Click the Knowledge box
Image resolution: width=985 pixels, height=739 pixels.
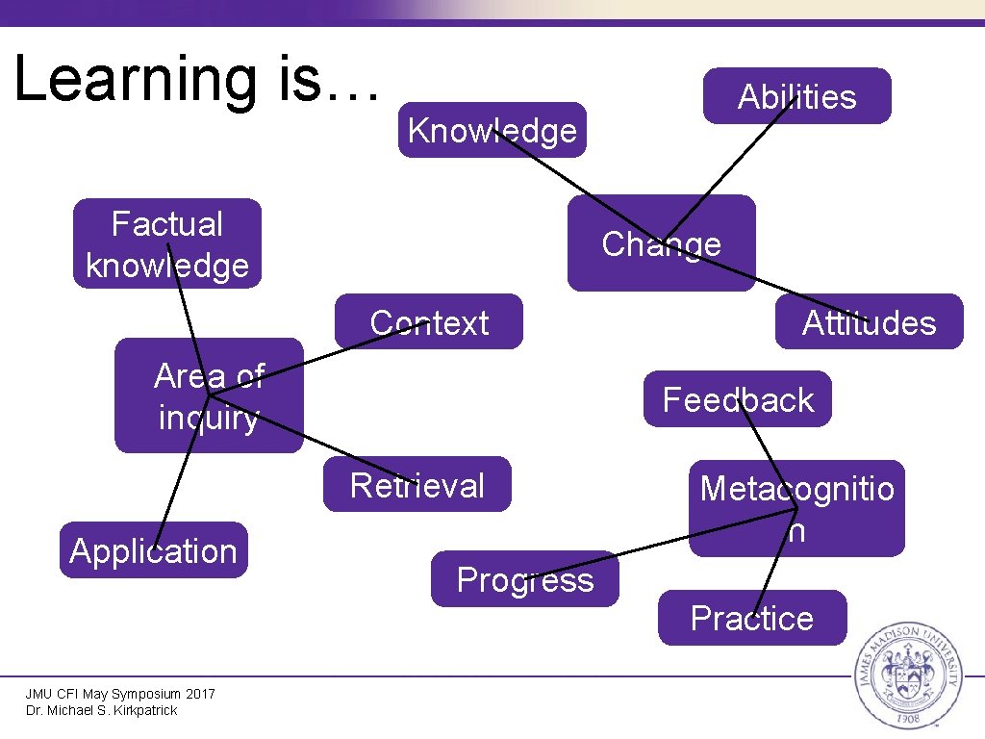coord(492,130)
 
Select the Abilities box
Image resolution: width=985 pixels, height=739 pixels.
coord(796,96)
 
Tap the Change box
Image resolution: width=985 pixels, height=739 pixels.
coord(661,243)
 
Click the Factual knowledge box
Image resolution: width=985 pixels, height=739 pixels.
coord(167,243)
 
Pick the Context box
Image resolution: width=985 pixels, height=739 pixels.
coord(429,321)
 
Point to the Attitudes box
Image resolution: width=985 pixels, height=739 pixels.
coord(869,321)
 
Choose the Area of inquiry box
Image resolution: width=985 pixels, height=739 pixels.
coord(209,395)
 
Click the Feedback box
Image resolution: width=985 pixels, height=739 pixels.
coord(738,398)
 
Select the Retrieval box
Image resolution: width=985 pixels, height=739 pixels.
coord(417,484)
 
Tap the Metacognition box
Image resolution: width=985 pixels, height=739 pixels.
coord(796,508)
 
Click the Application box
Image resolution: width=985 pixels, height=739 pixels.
coord(153,550)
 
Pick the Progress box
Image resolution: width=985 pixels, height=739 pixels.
coord(525,579)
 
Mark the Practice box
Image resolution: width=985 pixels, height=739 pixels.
coord(752,618)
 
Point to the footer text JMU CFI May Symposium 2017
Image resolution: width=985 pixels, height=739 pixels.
coord(120,694)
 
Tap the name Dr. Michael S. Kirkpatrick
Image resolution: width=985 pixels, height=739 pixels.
coord(102,710)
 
